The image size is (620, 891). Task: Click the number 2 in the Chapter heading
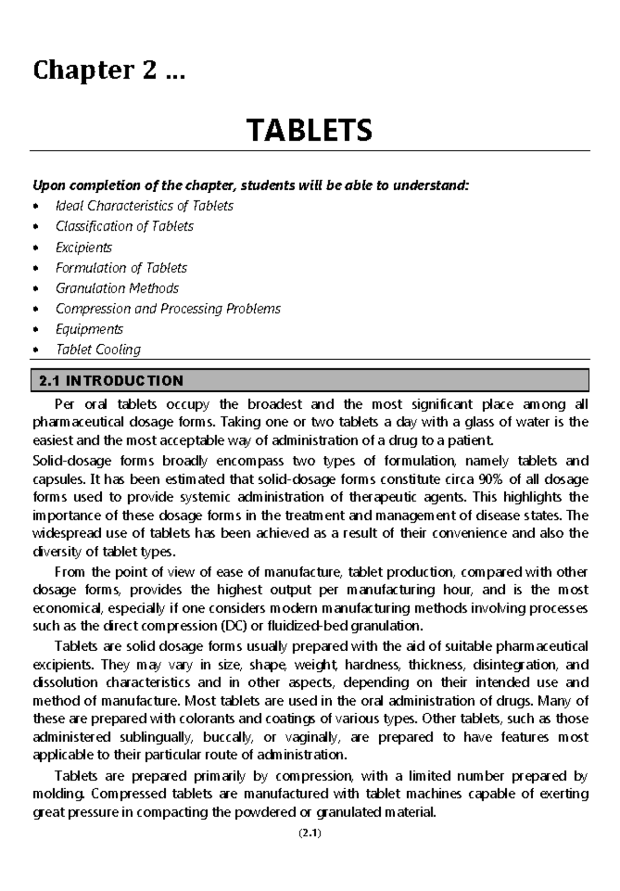point(148,70)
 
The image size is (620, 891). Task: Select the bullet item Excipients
point(84,248)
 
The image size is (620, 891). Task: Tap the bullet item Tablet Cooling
point(98,350)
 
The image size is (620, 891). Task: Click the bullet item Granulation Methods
point(117,288)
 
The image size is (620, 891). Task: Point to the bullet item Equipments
point(89,329)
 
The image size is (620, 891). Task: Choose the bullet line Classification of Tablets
point(124,226)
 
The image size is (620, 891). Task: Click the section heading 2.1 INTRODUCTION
point(111,381)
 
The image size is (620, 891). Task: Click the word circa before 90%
point(457,479)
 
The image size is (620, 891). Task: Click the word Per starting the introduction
point(65,404)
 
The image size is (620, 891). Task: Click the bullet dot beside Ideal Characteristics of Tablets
point(35,207)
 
